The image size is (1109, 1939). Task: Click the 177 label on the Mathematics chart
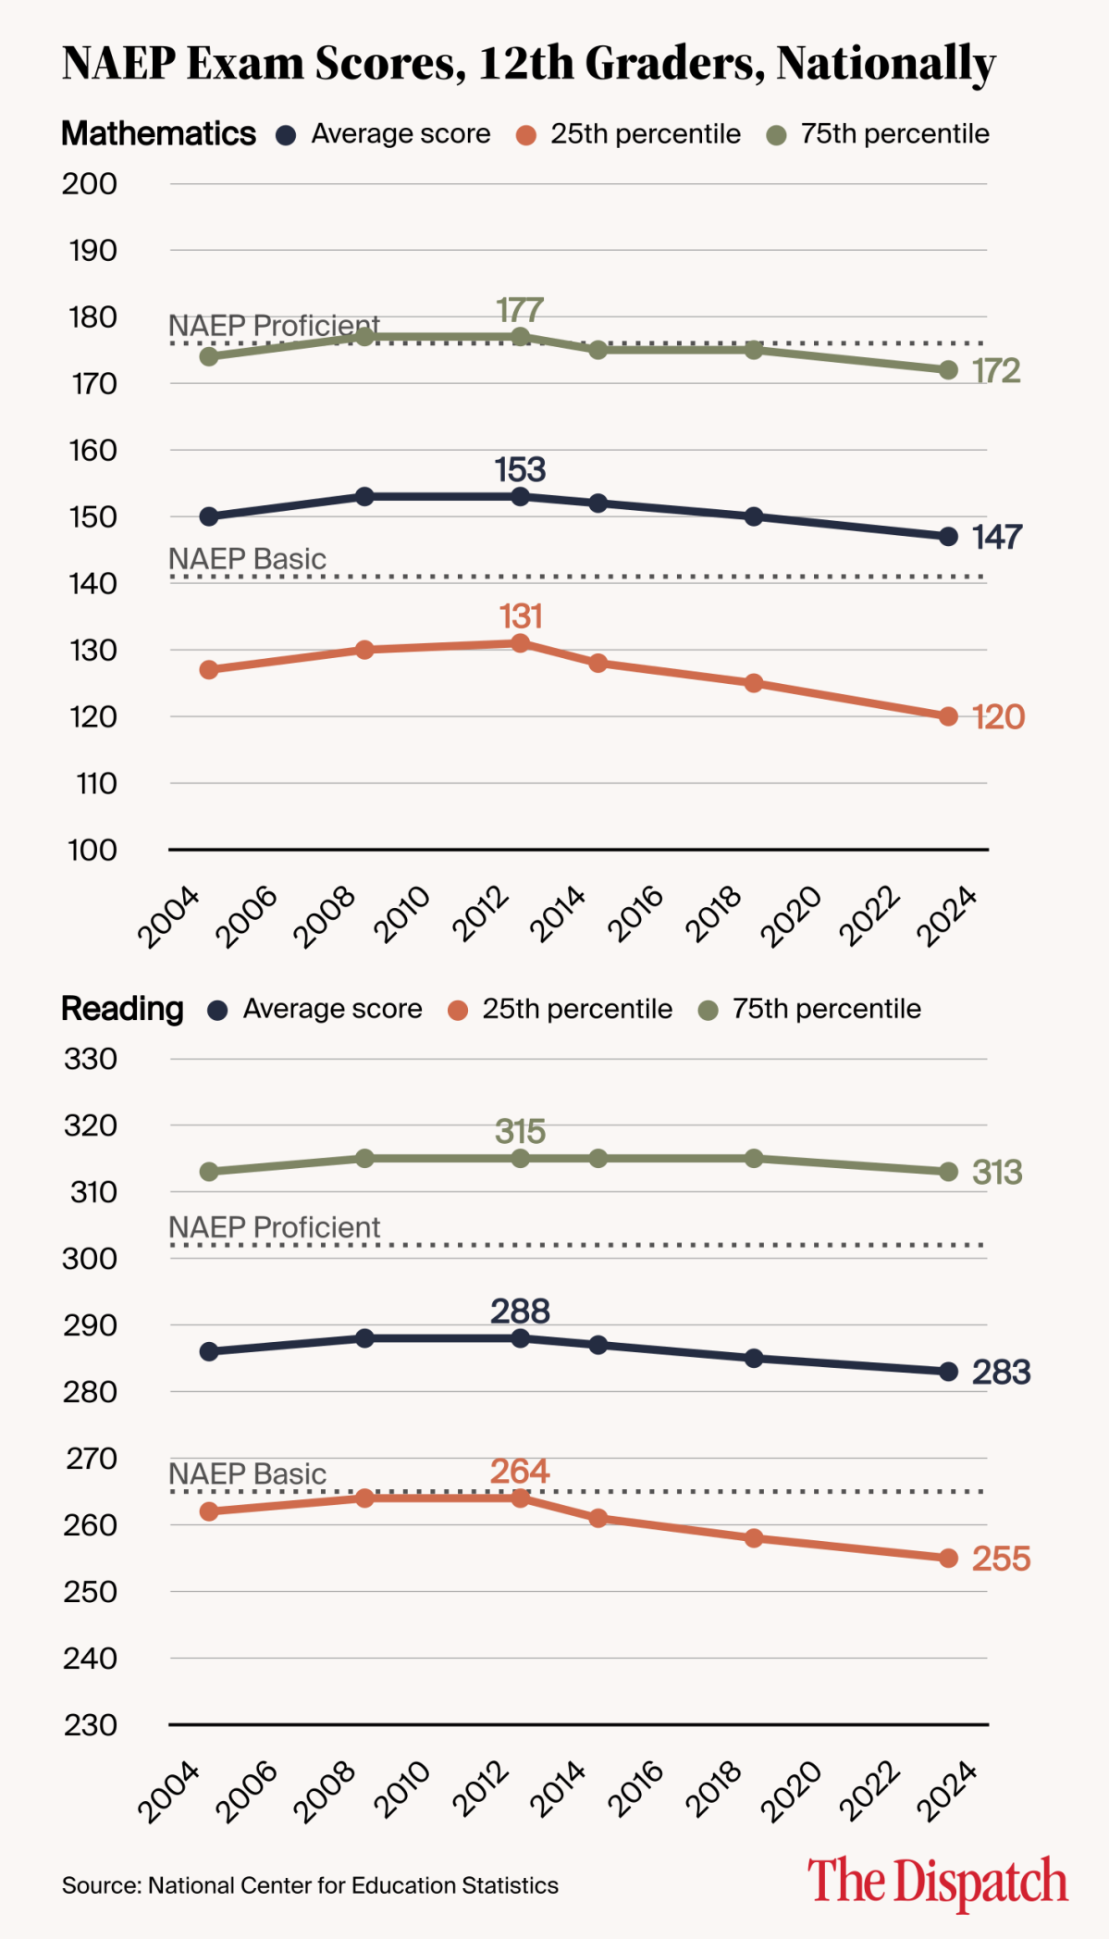pyautogui.click(x=520, y=309)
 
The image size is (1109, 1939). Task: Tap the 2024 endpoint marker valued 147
pyautogui.click(x=948, y=537)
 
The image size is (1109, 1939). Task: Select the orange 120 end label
pyautogui.click(x=998, y=717)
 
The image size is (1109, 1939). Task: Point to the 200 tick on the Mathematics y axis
pyautogui.click(x=90, y=184)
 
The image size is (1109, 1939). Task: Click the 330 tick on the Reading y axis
pyautogui.click(x=90, y=1059)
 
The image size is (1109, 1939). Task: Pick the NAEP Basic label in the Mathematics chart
pyautogui.click(x=247, y=559)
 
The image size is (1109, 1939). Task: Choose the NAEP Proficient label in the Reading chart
pyautogui.click(x=274, y=1227)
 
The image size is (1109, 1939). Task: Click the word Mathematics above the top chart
pyautogui.click(x=158, y=134)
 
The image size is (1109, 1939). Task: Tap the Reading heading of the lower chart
pyautogui.click(x=122, y=1009)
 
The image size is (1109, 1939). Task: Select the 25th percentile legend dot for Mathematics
pyautogui.click(x=526, y=136)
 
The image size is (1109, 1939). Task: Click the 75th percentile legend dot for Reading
pyautogui.click(x=709, y=1011)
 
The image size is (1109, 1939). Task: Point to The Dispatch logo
pyautogui.click(x=937, y=1882)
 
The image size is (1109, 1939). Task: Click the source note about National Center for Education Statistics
pyautogui.click(x=310, y=1886)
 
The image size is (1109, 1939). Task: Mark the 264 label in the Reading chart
pyautogui.click(x=520, y=1472)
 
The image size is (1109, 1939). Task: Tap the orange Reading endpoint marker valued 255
pyautogui.click(x=948, y=1559)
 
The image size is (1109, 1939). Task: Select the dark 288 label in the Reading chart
pyautogui.click(x=520, y=1311)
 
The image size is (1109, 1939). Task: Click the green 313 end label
pyautogui.click(x=997, y=1173)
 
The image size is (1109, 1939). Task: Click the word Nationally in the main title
pyautogui.click(x=885, y=63)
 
